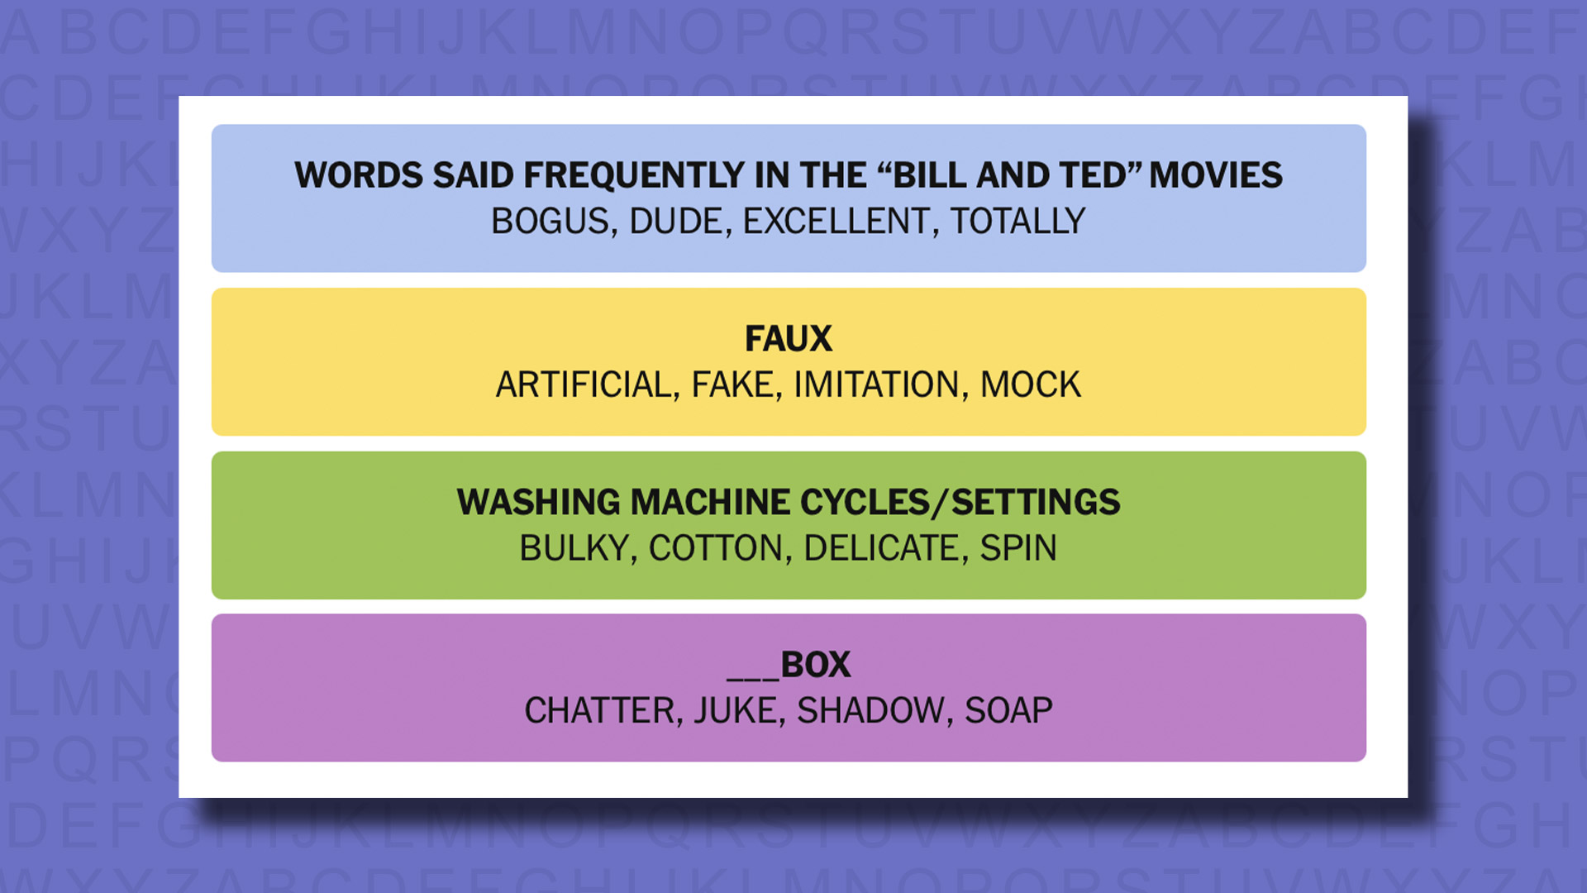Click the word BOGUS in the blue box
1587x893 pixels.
(550, 222)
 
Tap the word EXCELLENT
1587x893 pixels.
(836, 222)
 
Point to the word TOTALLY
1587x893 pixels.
(1017, 222)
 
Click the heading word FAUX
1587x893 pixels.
(789, 339)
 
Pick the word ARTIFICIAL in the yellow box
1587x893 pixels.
(583, 385)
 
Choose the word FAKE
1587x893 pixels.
(732, 385)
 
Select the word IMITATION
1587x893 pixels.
(876, 385)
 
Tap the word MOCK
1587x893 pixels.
(1031, 385)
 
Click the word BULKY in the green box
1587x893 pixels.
(574, 548)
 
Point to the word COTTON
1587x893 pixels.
(715, 548)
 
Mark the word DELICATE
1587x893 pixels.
(880, 548)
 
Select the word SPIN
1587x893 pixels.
(1018, 548)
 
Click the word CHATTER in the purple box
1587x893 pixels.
(598, 711)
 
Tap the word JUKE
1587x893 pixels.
(737, 711)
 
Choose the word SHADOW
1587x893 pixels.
(870, 711)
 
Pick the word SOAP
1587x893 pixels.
(1008, 711)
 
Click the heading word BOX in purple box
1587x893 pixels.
(815, 665)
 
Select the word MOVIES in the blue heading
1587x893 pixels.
(1216, 175)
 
